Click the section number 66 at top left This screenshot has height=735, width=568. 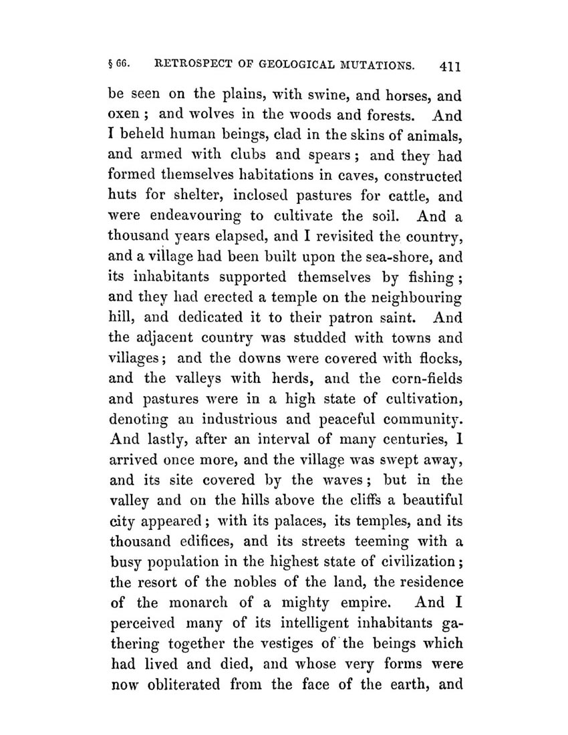click(124, 65)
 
